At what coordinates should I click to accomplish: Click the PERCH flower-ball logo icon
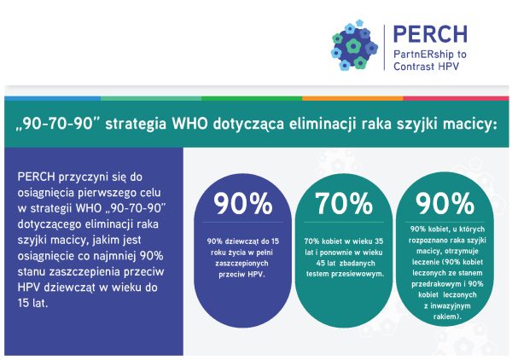click(355, 45)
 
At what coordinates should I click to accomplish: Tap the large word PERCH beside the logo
click(430, 34)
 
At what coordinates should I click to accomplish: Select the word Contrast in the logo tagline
click(414, 67)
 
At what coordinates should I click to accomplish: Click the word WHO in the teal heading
click(189, 124)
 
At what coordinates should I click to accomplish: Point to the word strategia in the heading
click(136, 125)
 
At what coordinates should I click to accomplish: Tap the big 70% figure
click(344, 203)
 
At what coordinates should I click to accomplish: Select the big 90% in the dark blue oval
click(243, 203)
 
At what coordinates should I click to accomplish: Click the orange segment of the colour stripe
click(352, 98)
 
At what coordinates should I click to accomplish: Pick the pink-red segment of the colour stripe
click(456, 98)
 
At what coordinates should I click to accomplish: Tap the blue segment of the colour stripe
click(53, 98)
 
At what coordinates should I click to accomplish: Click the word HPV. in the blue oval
click(256, 274)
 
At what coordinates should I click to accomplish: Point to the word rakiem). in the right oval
click(447, 316)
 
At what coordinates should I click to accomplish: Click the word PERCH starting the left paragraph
click(36, 177)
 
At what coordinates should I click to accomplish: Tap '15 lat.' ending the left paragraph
click(32, 303)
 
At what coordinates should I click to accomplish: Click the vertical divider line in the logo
click(385, 47)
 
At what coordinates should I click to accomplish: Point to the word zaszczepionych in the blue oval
click(241, 264)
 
